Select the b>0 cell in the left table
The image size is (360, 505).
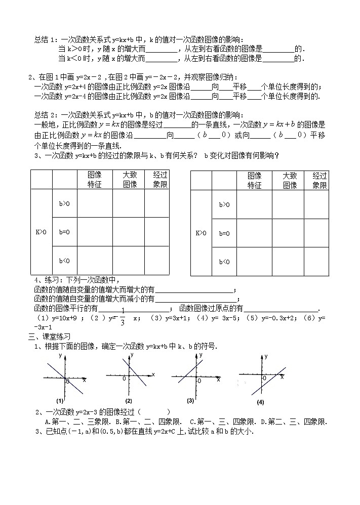click(x=64, y=203)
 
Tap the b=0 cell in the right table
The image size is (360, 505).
click(x=224, y=233)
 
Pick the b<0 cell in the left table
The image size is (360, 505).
click(x=64, y=261)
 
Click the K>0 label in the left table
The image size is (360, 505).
click(x=41, y=232)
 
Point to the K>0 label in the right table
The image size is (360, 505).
click(x=201, y=233)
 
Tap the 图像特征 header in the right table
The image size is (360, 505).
click(x=254, y=181)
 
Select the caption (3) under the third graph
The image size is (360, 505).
click(x=190, y=400)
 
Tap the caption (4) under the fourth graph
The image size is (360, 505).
click(x=260, y=403)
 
